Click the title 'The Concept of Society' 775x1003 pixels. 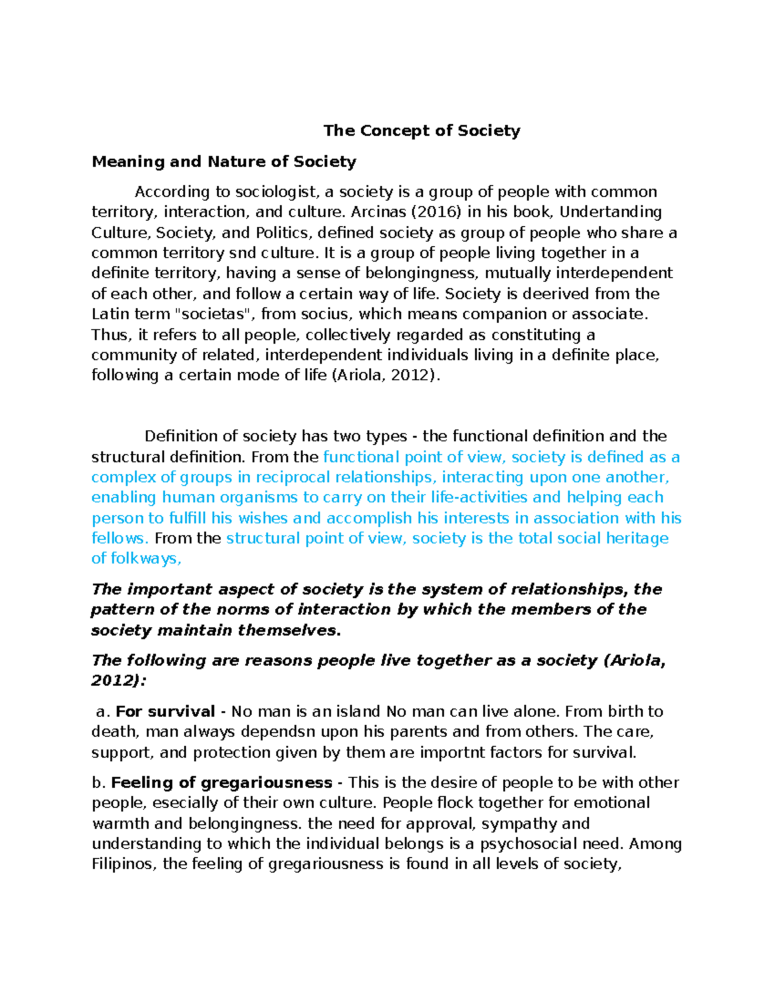(x=421, y=131)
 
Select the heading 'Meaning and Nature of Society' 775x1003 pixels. (x=223, y=161)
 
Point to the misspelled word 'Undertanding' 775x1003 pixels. (x=610, y=212)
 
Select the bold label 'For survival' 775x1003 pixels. (x=165, y=712)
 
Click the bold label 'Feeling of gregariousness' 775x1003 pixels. (x=222, y=783)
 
